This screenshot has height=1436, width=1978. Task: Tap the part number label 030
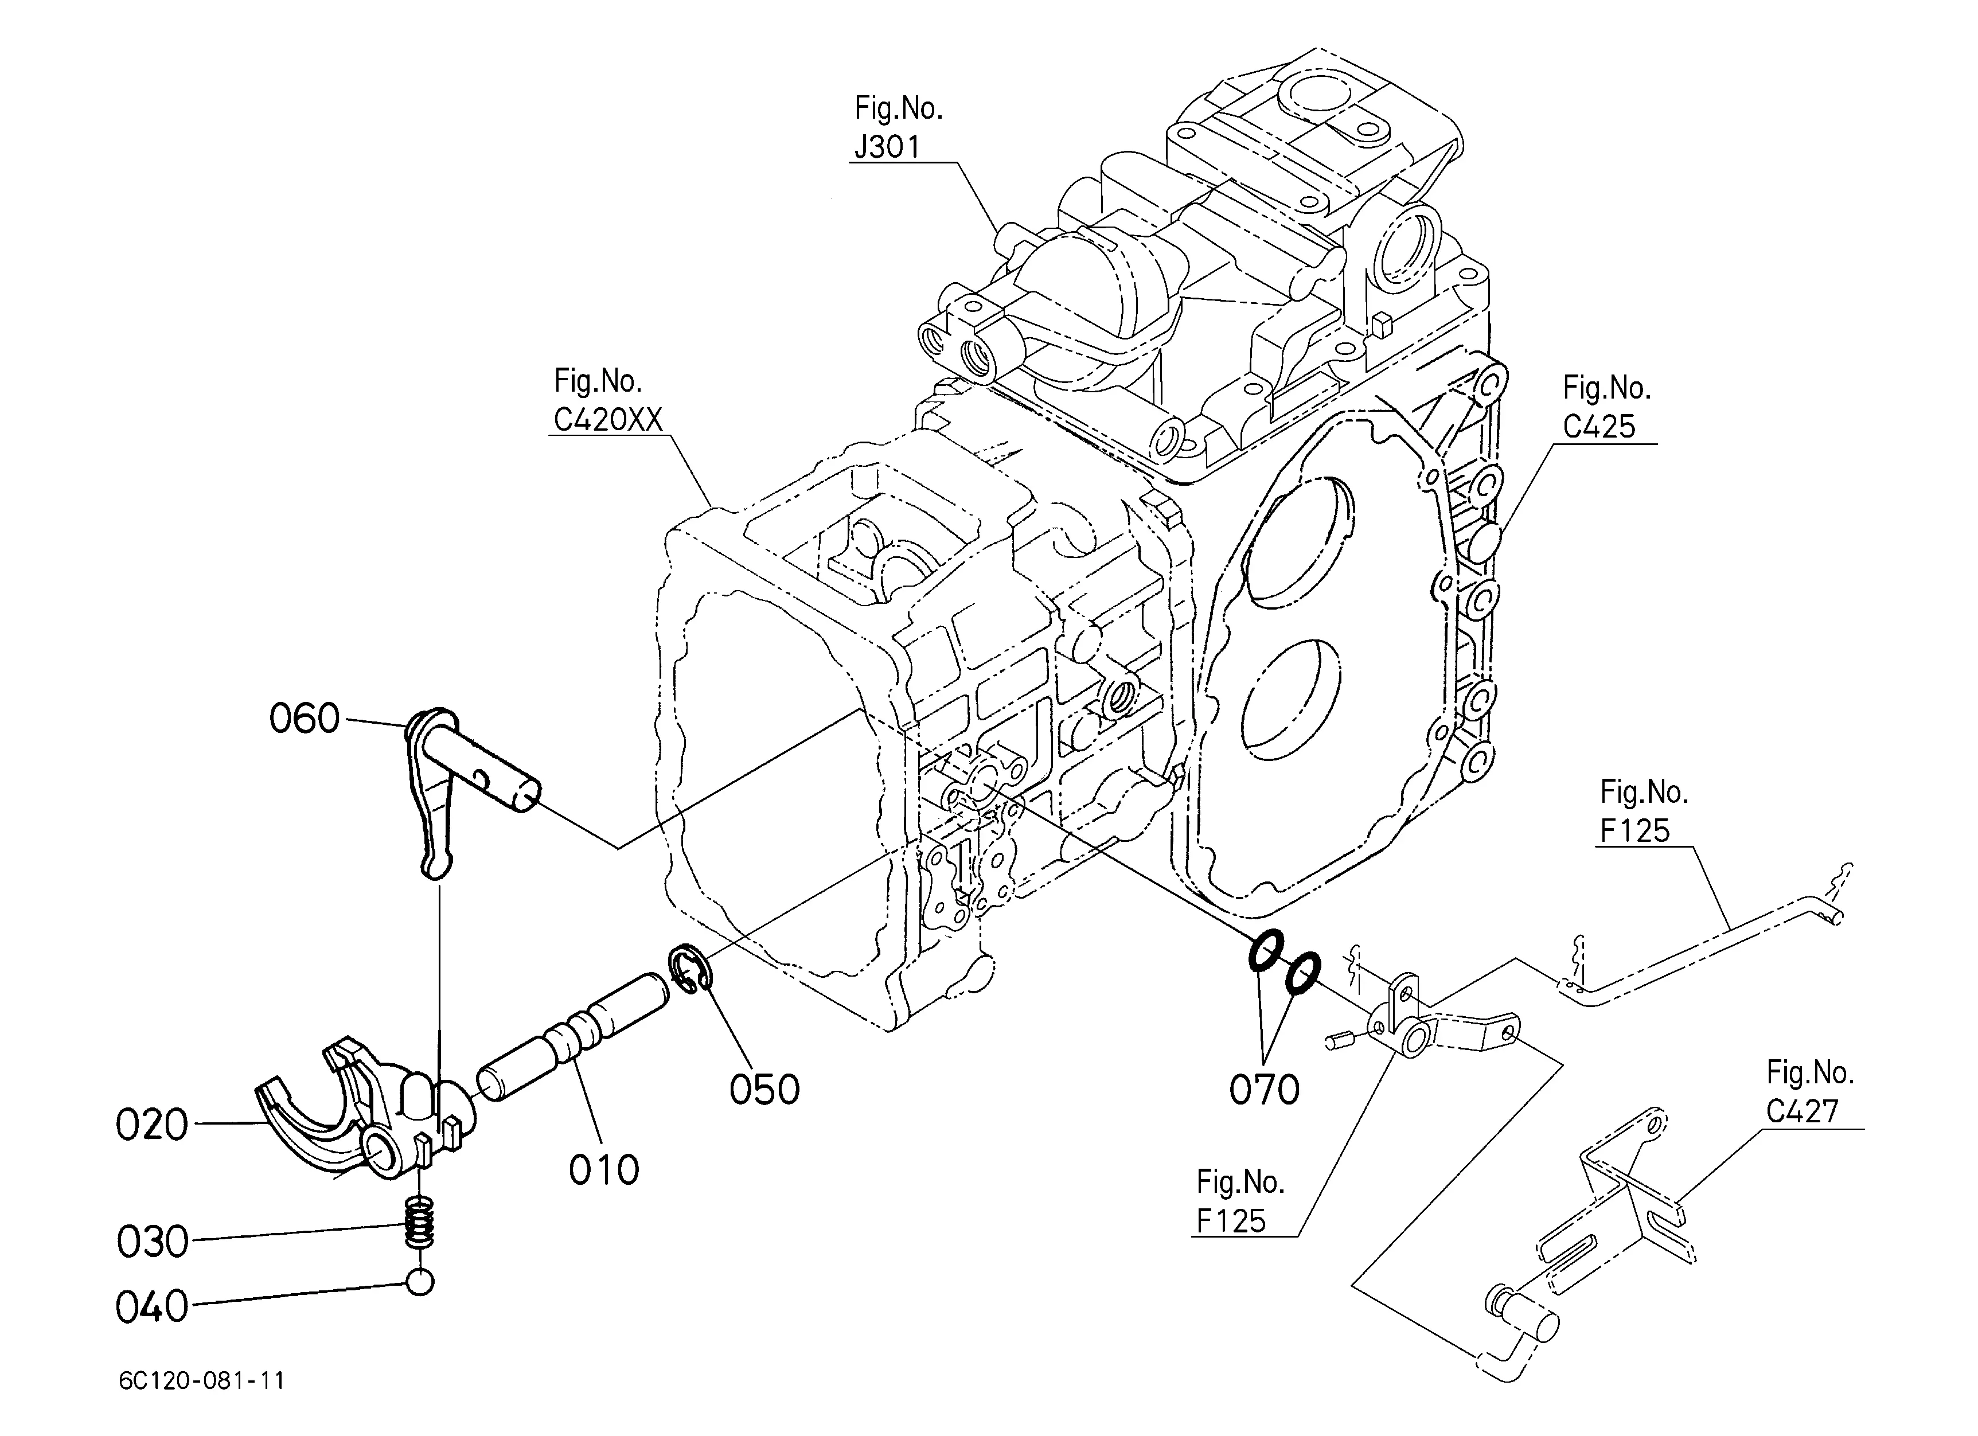point(153,1242)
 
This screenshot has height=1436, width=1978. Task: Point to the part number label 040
point(152,1307)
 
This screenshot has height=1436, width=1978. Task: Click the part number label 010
point(603,1170)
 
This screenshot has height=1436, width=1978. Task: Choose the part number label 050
point(764,1090)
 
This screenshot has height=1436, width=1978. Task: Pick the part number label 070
point(1264,1090)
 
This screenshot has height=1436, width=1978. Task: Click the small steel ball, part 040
point(419,1282)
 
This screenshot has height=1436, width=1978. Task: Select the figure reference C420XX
point(608,420)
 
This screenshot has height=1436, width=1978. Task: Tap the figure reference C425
point(1598,426)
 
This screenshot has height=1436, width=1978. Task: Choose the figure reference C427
point(1802,1111)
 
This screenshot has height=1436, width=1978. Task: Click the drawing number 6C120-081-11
point(201,1381)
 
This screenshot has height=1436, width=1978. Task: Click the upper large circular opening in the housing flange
point(1300,543)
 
